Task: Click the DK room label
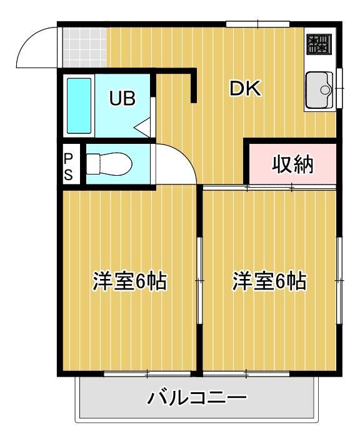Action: point(244,89)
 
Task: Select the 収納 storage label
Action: point(292,165)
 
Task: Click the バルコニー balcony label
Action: point(197,397)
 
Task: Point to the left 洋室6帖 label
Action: point(130,281)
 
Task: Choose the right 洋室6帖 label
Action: point(269,281)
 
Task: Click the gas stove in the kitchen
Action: point(319,44)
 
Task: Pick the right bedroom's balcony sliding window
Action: point(246,374)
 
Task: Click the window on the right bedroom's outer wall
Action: point(340,281)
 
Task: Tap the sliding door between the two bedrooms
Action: point(200,281)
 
